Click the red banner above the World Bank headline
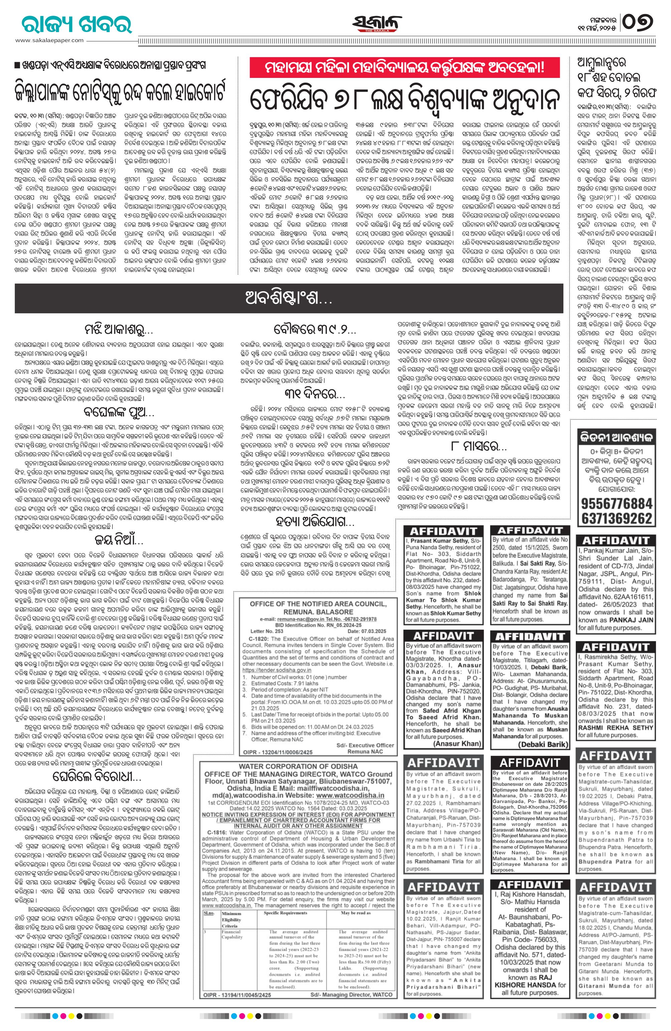point(404,68)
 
